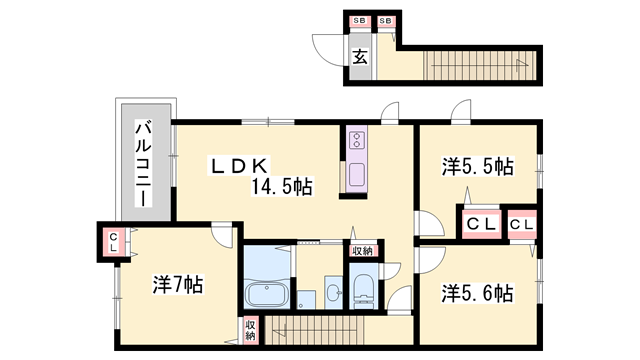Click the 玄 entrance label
[x=359, y=56]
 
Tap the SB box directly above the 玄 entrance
[x=359, y=21]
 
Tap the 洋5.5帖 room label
[x=478, y=166]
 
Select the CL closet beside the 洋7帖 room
[x=114, y=241]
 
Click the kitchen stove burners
[x=356, y=144]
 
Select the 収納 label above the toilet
[x=362, y=251]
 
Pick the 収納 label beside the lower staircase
[x=251, y=330]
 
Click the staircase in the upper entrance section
[x=480, y=66]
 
